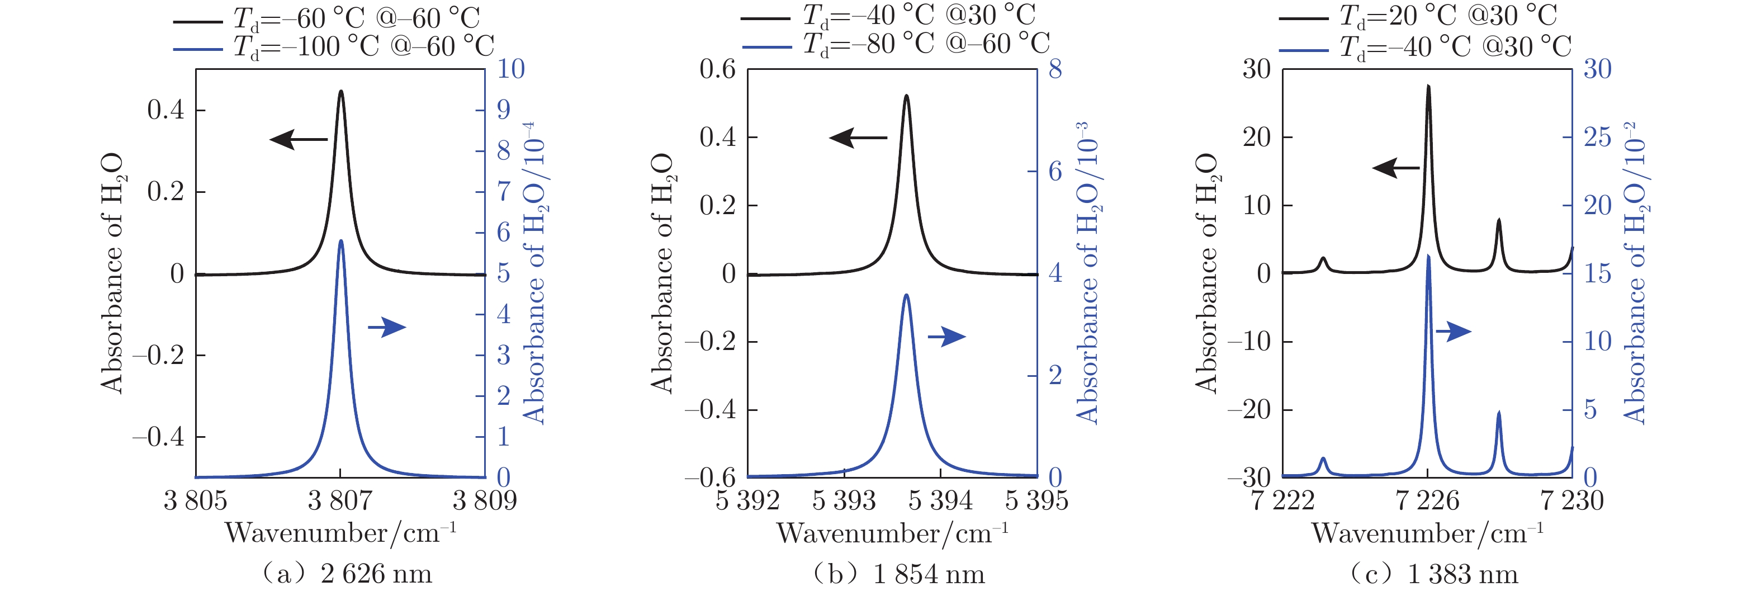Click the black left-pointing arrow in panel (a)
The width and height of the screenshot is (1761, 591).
pos(298,140)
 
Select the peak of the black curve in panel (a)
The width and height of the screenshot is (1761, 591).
pos(341,91)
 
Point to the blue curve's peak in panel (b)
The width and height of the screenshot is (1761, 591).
pos(906,295)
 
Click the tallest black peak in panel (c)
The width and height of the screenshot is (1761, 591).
pos(1428,86)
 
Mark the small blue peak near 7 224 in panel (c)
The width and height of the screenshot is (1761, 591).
pos(1323,459)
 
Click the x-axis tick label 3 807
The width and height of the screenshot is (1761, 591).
pos(340,501)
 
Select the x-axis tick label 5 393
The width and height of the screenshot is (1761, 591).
pos(844,501)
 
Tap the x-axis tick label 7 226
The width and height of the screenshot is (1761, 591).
pos(1427,501)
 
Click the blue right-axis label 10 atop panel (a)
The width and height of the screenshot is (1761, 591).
pos(510,69)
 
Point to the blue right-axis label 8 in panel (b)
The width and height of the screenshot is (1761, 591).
pos(1055,69)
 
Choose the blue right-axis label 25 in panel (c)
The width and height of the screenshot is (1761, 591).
pos(1598,138)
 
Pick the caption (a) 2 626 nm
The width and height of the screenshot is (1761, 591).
pos(347,574)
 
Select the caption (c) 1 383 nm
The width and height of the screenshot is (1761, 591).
pos(1433,574)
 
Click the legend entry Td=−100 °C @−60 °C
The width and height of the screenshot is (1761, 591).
pos(363,47)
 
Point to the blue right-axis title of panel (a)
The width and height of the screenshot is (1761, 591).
pos(534,273)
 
